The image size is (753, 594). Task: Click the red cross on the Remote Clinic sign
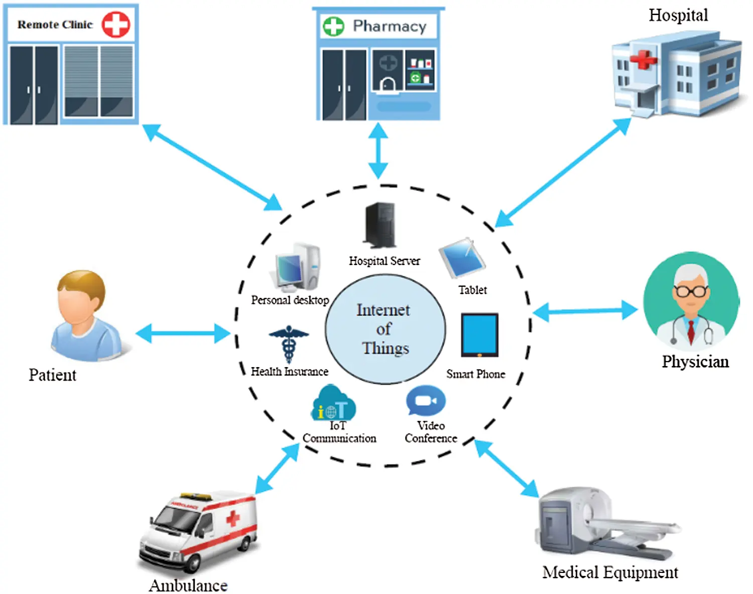[116, 24]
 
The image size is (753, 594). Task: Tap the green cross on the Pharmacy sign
[333, 26]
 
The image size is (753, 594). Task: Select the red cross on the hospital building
[643, 60]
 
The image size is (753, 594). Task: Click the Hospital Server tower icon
[380, 225]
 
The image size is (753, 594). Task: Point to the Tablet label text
[472, 290]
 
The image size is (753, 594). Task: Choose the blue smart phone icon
[479, 334]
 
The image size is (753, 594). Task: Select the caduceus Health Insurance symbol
[289, 343]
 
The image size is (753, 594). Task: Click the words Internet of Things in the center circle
[385, 329]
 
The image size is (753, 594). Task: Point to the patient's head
[81, 296]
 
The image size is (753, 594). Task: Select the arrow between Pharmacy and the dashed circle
[378, 151]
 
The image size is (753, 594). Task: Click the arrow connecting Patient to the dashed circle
[183, 333]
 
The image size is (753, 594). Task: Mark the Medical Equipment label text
[610, 572]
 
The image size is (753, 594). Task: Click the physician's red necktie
[691, 331]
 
